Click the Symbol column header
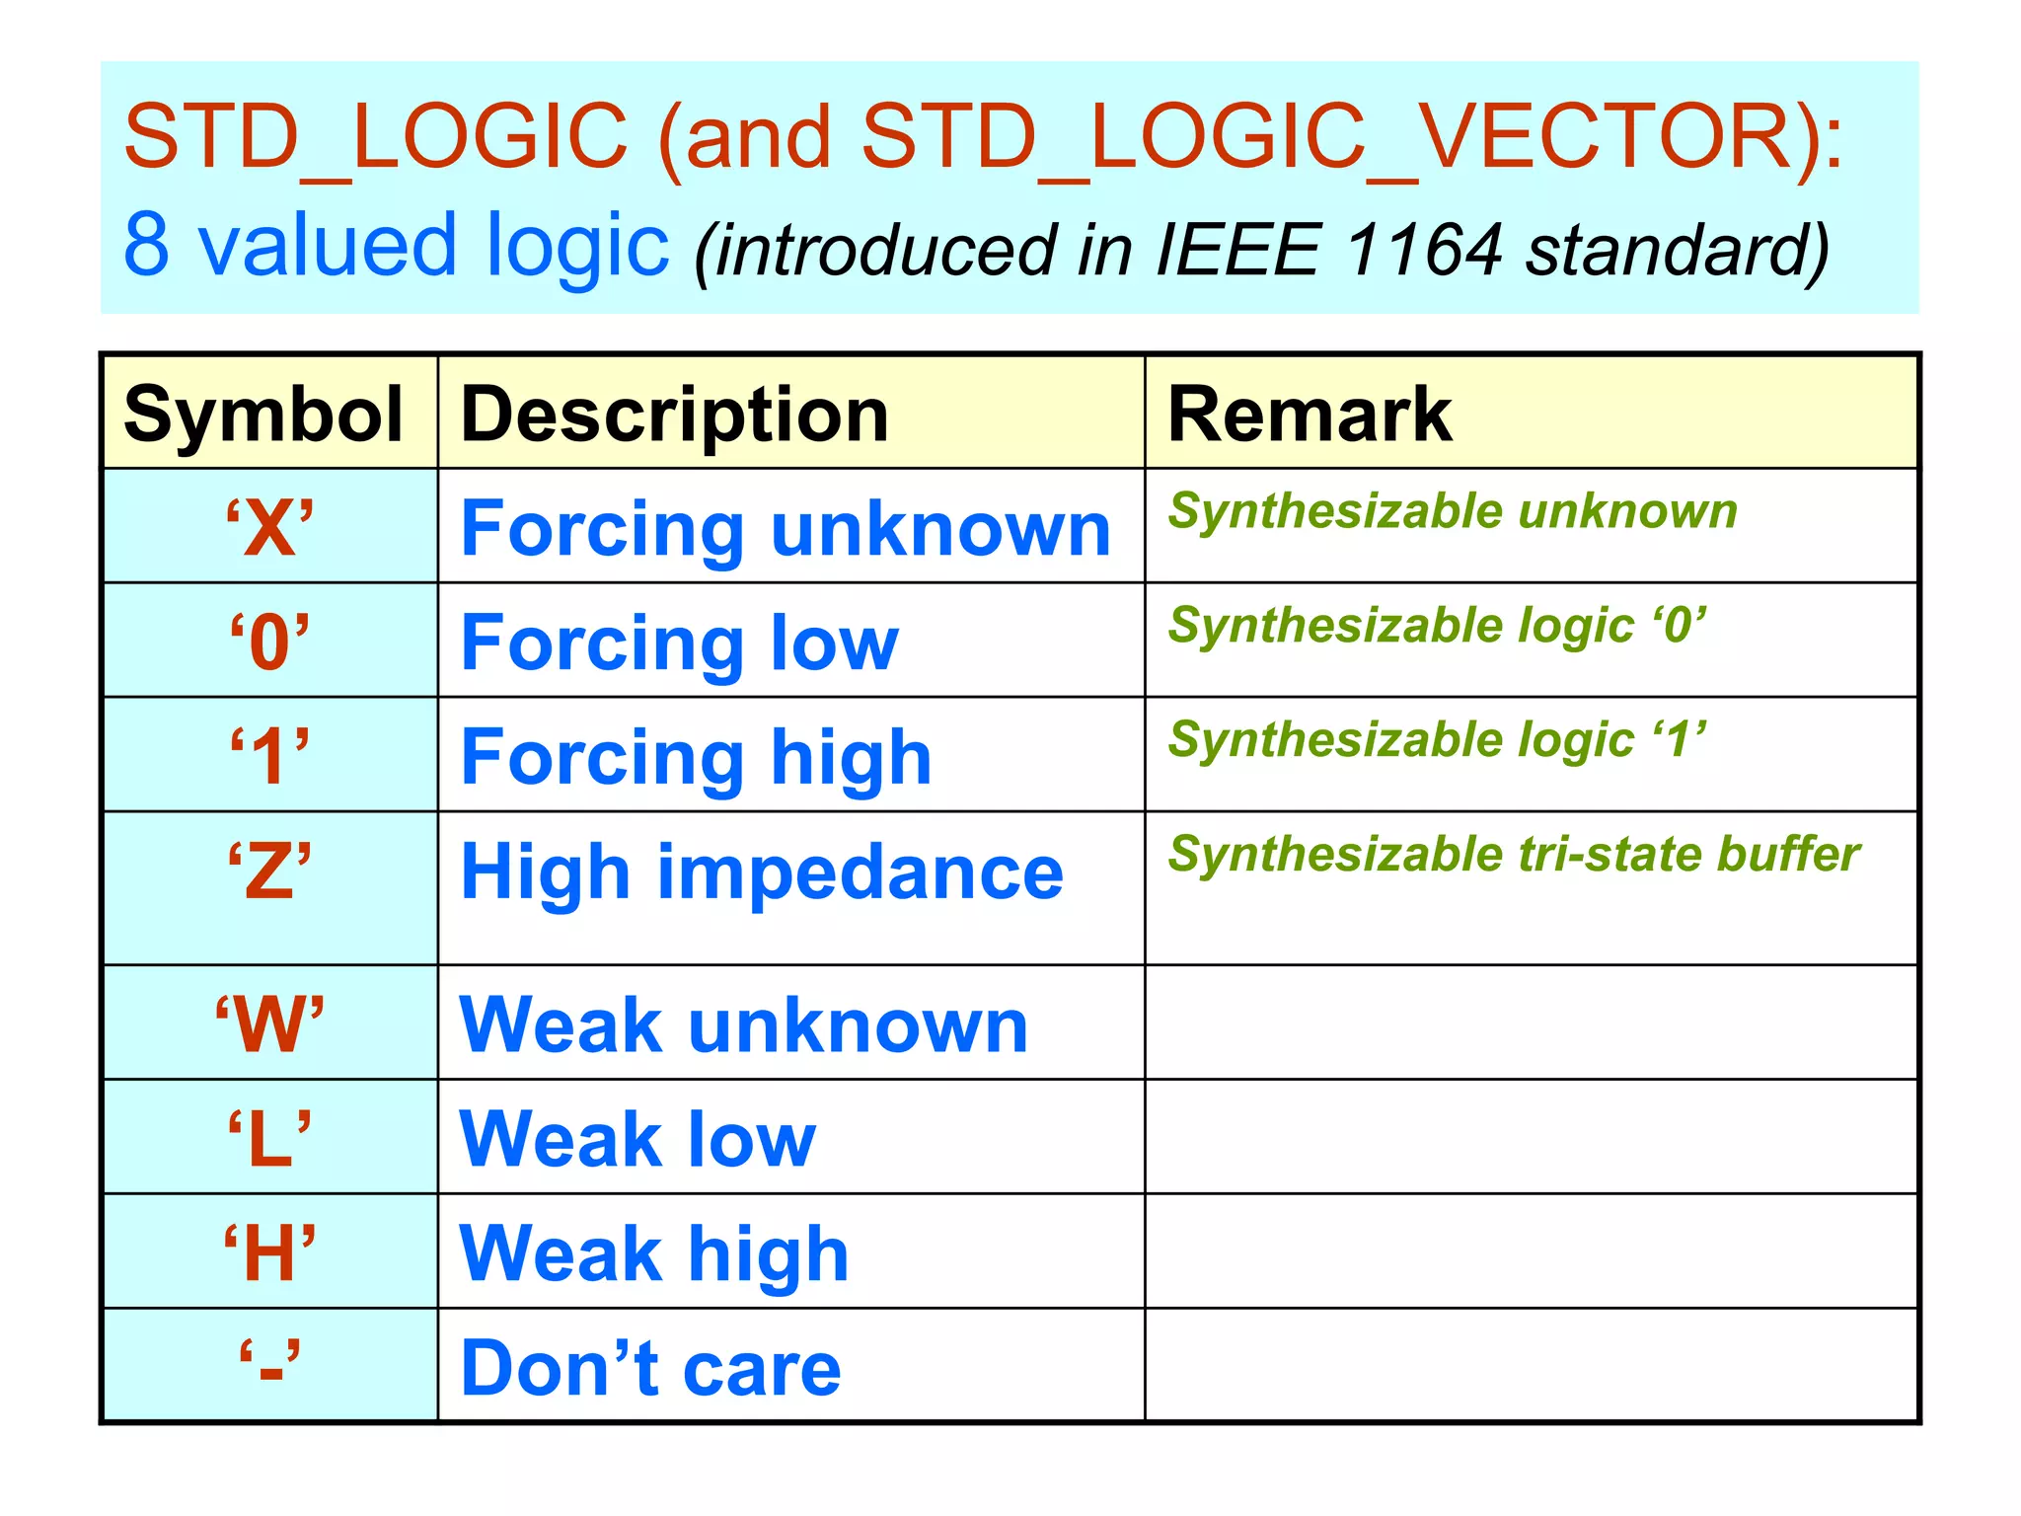pyautogui.click(x=262, y=415)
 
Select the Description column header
pyautogui.click(x=674, y=415)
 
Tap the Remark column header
pyautogui.click(x=1309, y=415)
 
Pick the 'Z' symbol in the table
pyautogui.click(x=269, y=872)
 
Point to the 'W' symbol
pyautogui.click(x=269, y=1024)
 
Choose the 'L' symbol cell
pyautogui.click(x=269, y=1139)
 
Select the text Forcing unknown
pyautogui.click(x=786, y=529)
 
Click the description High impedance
pyautogui.click(x=762, y=872)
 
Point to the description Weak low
pyautogui.click(x=637, y=1139)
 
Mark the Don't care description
pyautogui.click(x=650, y=1368)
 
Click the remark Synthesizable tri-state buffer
pyautogui.click(x=1514, y=854)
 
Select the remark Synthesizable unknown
pyautogui.click(x=1453, y=511)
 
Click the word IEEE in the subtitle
pyautogui.click(x=1237, y=249)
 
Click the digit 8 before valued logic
pyautogui.click(x=147, y=245)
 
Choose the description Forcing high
pyautogui.click(x=696, y=758)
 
